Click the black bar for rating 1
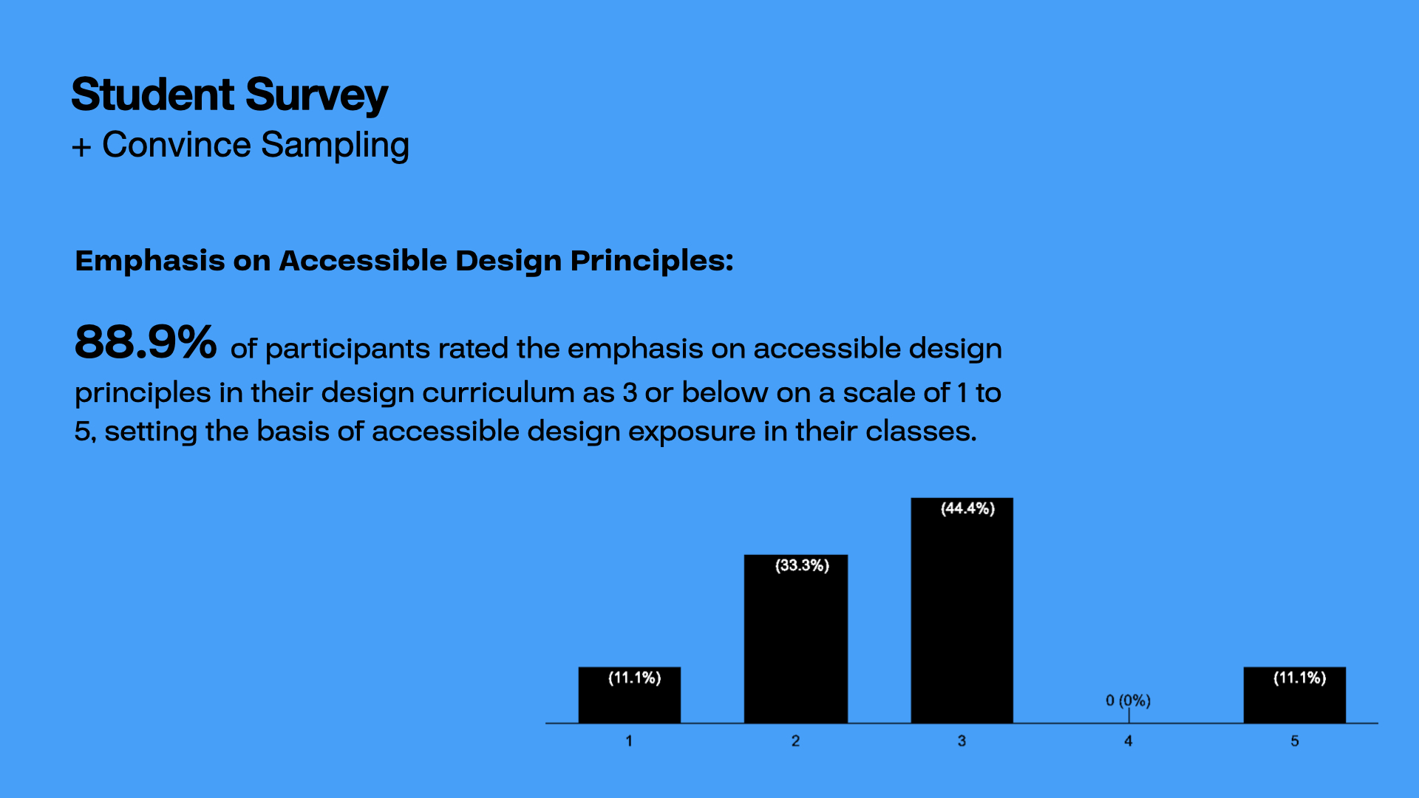[x=629, y=695]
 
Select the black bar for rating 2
[x=795, y=638]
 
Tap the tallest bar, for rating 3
[x=962, y=610]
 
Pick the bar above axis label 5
[x=1294, y=695]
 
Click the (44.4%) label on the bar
[x=967, y=508]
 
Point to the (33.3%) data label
[x=802, y=565]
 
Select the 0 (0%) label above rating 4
[x=1128, y=700]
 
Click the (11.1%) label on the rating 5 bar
[x=1299, y=678]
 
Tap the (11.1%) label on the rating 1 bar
[x=634, y=678]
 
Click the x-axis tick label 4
[x=1128, y=740]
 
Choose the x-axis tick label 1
[x=629, y=740]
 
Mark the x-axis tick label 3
[x=962, y=740]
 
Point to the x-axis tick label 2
[x=795, y=740]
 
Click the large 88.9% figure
[x=146, y=342]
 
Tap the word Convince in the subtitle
[x=177, y=145]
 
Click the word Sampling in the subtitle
[x=335, y=146]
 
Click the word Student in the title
[x=153, y=95]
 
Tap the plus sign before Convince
[x=81, y=147]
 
